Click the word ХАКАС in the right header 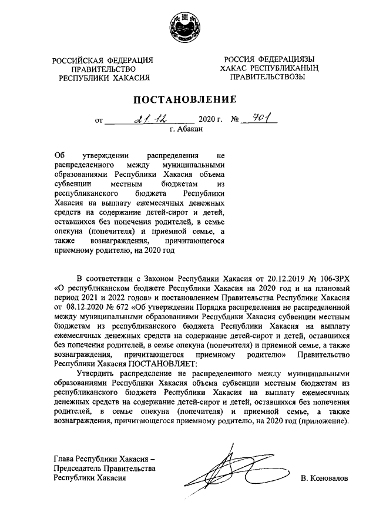point(234,68)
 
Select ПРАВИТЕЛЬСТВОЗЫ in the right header point(267,77)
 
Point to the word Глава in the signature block point(65,458)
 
